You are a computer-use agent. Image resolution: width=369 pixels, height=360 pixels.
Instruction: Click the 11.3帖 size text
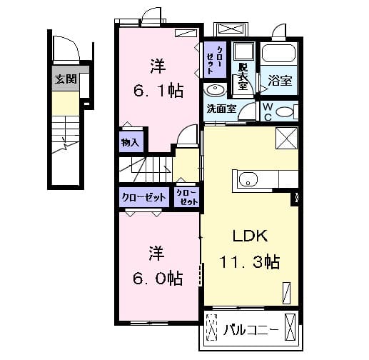(251, 262)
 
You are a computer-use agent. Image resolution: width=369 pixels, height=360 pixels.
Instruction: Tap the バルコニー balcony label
(248, 331)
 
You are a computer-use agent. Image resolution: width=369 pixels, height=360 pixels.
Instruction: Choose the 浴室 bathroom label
(278, 81)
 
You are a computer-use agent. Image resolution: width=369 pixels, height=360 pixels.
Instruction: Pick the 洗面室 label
(221, 109)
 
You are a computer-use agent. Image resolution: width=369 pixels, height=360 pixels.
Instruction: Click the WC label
(266, 111)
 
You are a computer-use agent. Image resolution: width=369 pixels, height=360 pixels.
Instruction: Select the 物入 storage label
(131, 141)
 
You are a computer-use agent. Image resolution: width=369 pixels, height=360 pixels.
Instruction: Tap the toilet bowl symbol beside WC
(284, 112)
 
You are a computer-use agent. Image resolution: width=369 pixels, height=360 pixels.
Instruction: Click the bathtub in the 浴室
(278, 55)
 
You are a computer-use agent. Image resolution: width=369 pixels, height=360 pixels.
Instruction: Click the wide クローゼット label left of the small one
(143, 196)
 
